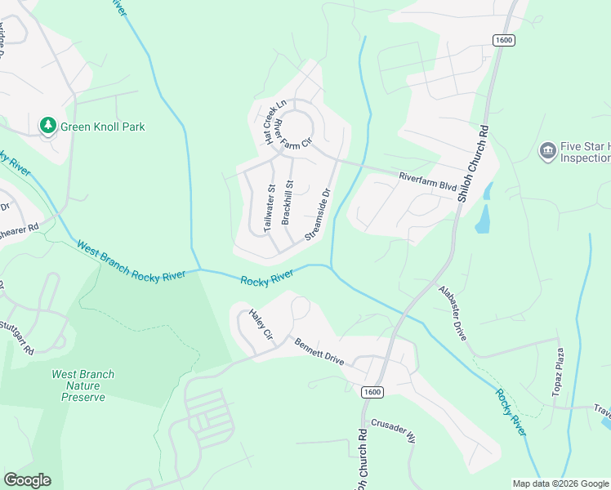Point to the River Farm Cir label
pyautogui.click(x=293, y=133)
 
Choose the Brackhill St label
pyautogui.click(x=287, y=202)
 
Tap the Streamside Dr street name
pyautogui.click(x=318, y=215)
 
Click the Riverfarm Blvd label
pyautogui.click(x=427, y=181)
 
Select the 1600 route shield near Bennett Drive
pyautogui.click(x=372, y=393)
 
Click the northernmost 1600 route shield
pyautogui.click(x=503, y=40)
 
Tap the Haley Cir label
pyautogui.click(x=260, y=325)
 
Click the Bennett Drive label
pyautogui.click(x=319, y=351)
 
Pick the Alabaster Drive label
pyautogui.click(x=455, y=312)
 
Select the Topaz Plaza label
pyautogui.click(x=560, y=375)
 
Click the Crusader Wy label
pyautogui.click(x=394, y=430)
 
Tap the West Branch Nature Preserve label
pyautogui.click(x=83, y=385)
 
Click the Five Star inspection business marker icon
pyautogui.click(x=547, y=150)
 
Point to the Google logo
pyautogui.click(x=28, y=480)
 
